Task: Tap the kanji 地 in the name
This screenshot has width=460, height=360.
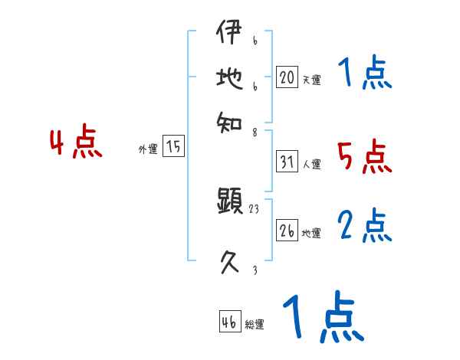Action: point(230,80)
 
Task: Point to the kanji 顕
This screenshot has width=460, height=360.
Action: point(230,202)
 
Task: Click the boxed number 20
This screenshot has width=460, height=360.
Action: point(287,77)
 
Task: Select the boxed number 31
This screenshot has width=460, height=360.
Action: point(287,162)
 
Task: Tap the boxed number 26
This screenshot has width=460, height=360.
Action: point(287,231)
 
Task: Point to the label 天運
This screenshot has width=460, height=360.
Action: point(311,80)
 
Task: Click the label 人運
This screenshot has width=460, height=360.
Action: point(311,164)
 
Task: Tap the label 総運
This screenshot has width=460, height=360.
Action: point(255,324)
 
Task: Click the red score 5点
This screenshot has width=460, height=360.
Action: point(364,157)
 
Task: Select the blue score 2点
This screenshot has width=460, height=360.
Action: point(364,227)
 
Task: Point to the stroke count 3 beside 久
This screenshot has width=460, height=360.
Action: point(255,270)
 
